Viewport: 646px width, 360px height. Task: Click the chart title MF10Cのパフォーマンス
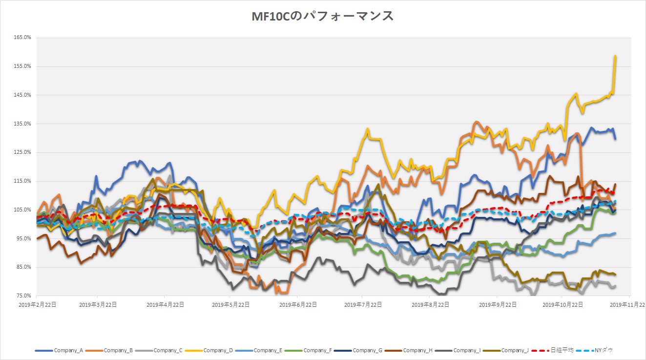pyautogui.click(x=322, y=16)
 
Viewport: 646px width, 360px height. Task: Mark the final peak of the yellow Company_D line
pyautogui.click(x=615, y=56)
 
